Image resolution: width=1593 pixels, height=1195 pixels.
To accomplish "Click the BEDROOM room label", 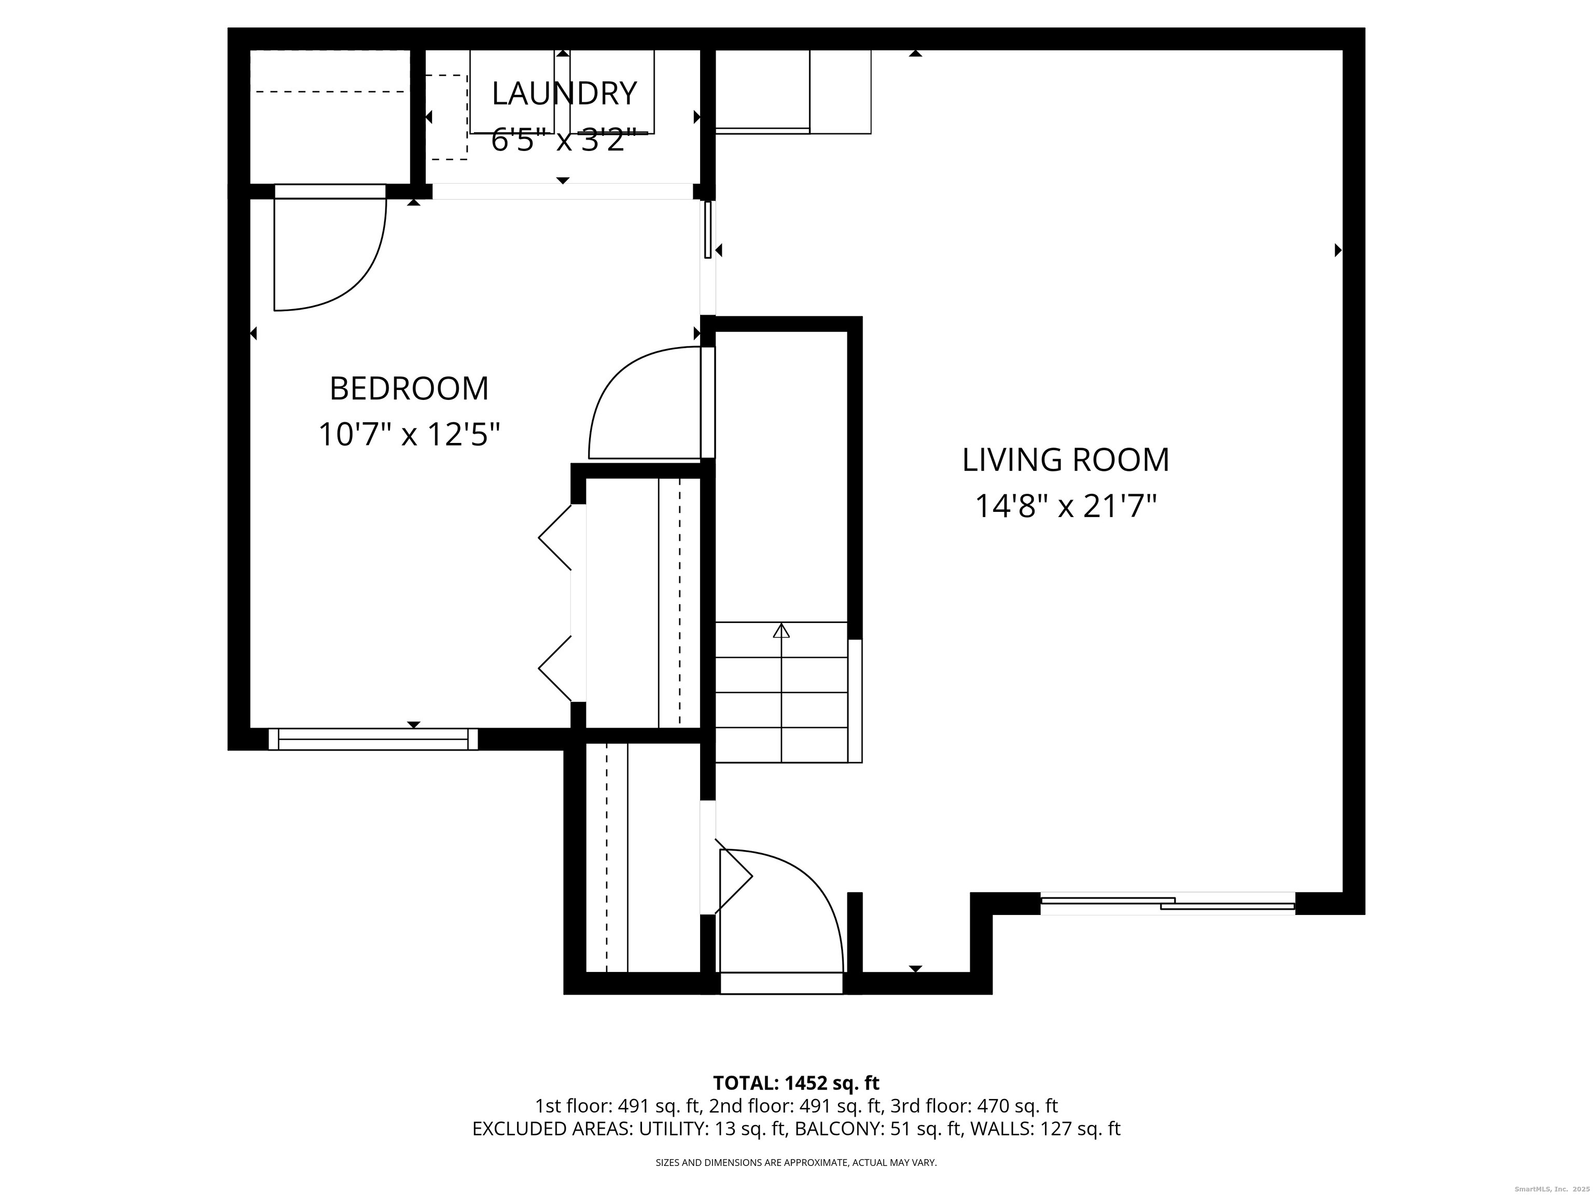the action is (x=409, y=389).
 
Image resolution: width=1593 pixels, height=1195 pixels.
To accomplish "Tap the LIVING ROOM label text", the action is (x=1065, y=460).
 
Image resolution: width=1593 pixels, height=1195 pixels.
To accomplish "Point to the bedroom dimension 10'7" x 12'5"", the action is (x=409, y=434).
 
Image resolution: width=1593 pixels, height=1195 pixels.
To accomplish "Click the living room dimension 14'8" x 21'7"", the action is (x=1065, y=506).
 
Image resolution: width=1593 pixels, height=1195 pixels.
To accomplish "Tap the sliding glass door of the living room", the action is (x=1167, y=904).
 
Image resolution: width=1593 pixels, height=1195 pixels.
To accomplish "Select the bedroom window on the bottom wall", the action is (x=373, y=739).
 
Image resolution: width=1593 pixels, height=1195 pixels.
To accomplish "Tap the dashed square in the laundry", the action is (x=446, y=117).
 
